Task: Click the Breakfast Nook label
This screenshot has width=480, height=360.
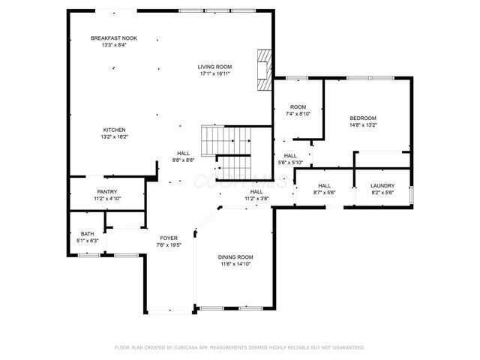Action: [114, 38]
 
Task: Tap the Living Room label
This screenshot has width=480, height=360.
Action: [214, 67]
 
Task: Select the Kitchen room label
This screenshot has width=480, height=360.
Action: [114, 130]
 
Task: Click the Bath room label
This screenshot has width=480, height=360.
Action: [87, 234]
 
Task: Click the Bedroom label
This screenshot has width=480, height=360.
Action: [363, 118]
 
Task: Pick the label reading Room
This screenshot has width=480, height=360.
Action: [298, 106]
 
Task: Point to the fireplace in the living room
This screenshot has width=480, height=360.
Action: [263, 70]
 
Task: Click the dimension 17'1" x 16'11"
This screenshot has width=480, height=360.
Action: [214, 73]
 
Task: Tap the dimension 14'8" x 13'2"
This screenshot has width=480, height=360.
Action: [363, 125]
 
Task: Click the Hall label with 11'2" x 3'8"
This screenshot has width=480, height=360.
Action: [256, 192]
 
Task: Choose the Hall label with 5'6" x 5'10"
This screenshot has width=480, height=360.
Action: [290, 156]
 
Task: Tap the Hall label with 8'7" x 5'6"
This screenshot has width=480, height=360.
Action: [325, 186]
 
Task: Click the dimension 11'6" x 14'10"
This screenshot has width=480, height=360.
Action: [235, 263]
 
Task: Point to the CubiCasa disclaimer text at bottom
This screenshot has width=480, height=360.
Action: [239, 347]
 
